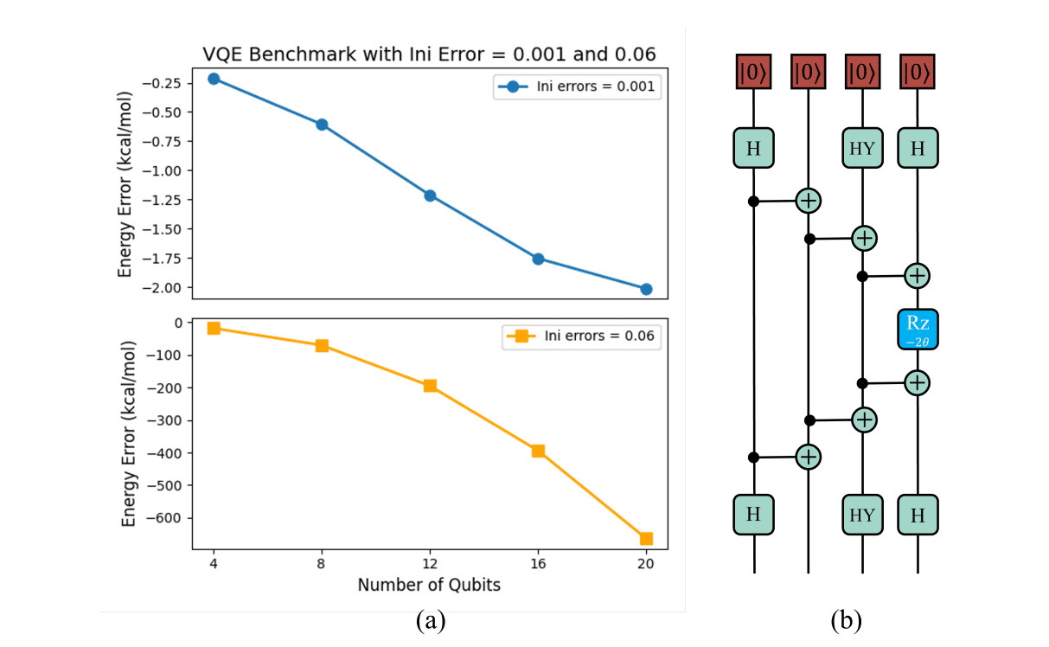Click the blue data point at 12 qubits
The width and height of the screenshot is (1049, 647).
430,195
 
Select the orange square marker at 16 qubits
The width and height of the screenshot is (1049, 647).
538,451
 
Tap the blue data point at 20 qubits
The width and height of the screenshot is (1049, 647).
646,289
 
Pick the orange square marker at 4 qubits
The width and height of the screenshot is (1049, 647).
214,328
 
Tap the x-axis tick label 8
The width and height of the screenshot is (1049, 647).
322,563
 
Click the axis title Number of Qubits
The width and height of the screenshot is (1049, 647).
429,585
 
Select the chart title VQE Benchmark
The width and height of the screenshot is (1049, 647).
429,54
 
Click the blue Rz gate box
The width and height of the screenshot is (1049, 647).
917,329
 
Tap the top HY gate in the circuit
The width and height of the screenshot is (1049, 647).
862,148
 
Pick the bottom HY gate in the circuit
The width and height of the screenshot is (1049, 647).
862,515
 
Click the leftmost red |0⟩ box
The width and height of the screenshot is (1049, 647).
753,73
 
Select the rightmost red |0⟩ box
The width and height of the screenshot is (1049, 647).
918,73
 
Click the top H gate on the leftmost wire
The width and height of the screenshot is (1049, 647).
753,148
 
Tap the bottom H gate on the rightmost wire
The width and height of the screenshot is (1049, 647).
918,515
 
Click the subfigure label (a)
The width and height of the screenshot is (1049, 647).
430,621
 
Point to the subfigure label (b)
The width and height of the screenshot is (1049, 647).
846,621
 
